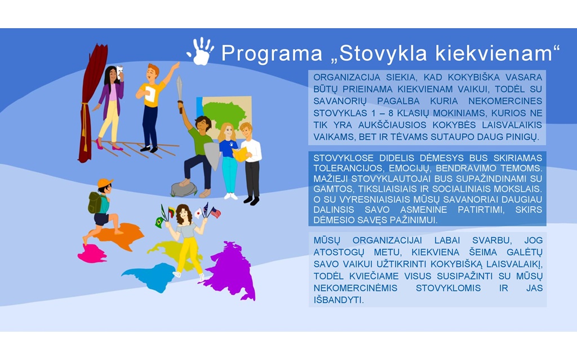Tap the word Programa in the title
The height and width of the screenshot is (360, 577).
[272, 54]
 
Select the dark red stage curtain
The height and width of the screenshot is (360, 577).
[91, 103]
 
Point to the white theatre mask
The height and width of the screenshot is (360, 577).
[119, 70]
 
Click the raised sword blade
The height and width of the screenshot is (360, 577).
[179, 88]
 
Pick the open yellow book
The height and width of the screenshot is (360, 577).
[240, 154]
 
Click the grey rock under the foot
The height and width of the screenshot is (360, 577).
[184, 189]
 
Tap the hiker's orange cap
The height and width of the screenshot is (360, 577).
[105, 183]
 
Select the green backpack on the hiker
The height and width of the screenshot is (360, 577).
[95, 202]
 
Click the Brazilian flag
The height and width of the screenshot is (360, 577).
[159, 223]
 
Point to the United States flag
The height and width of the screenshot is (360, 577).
[216, 212]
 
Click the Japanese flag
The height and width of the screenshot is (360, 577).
[198, 213]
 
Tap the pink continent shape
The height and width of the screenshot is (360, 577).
[92, 254]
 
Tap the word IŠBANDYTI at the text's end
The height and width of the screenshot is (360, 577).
[339, 300]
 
